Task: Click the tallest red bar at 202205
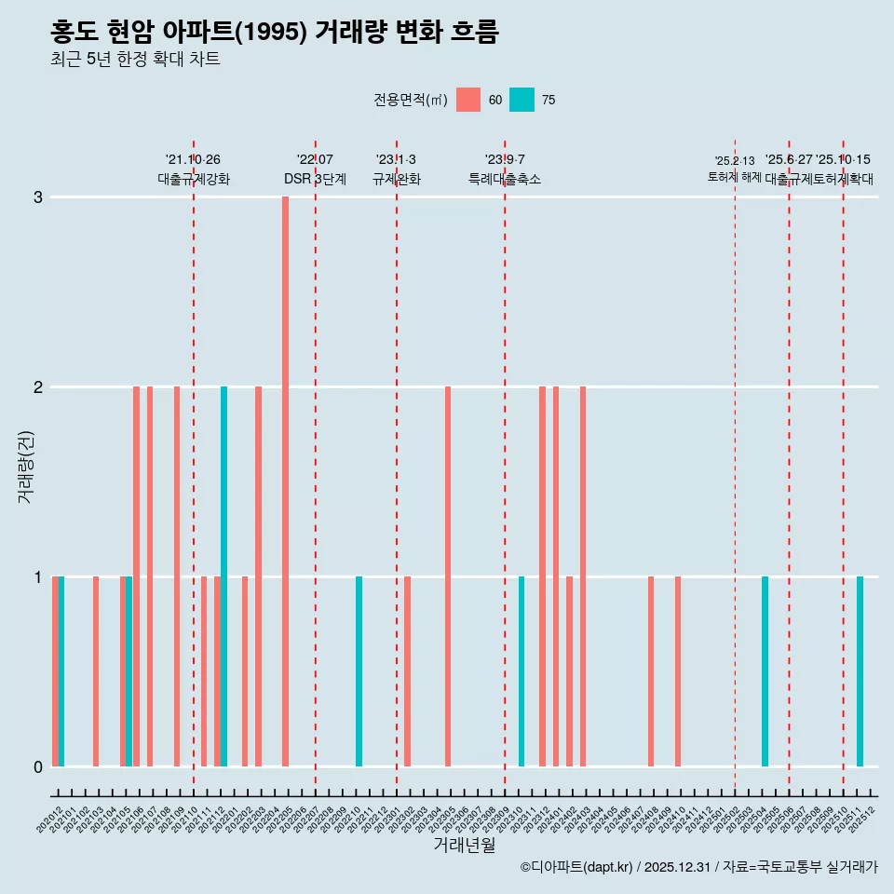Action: (x=285, y=481)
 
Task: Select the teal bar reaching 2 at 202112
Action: (x=223, y=576)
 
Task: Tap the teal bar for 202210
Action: (x=359, y=671)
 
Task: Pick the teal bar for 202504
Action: (x=765, y=671)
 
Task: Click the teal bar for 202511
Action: (x=860, y=671)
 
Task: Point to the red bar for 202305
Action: (x=448, y=576)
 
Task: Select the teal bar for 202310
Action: (x=521, y=671)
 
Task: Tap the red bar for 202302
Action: (x=407, y=671)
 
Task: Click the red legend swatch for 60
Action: (x=468, y=100)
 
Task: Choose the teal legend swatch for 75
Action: (x=522, y=100)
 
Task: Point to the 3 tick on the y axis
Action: (x=38, y=196)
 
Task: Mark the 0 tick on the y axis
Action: (x=38, y=766)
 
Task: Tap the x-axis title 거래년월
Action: (x=464, y=845)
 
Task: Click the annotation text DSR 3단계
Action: (x=315, y=179)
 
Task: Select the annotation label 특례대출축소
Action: (x=504, y=179)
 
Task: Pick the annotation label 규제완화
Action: (x=396, y=179)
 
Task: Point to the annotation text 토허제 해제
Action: (x=735, y=177)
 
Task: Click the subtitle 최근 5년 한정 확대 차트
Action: (x=135, y=60)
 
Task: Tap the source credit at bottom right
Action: (x=698, y=867)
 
